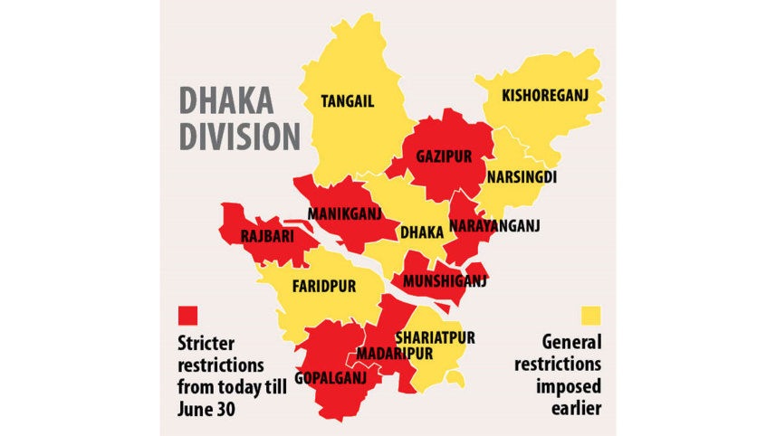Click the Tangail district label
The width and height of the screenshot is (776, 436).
click(x=347, y=102)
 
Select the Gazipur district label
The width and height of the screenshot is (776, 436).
click(x=444, y=156)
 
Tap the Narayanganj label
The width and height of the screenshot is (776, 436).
click(x=494, y=226)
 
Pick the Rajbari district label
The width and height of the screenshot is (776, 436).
click(x=269, y=236)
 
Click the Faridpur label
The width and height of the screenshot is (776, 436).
click(x=323, y=286)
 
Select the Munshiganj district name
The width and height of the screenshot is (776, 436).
click(x=445, y=281)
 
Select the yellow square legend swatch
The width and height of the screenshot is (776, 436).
click(x=591, y=315)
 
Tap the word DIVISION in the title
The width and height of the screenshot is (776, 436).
click(x=239, y=137)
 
